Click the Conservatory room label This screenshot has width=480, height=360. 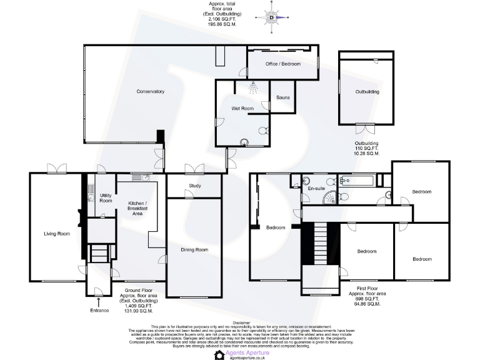click(x=150, y=92)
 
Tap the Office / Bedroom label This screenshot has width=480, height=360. click(x=282, y=64)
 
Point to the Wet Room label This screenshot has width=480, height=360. click(x=242, y=109)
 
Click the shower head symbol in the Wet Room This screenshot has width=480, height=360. click(x=252, y=87)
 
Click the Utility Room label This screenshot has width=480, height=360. click(x=106, y=198)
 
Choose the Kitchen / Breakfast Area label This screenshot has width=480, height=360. click(x=137, y=209)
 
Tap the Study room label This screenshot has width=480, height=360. click(x=194, y=186)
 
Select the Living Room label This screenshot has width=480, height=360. click(x=56, y=234)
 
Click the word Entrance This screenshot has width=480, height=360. click(x=99, y=310)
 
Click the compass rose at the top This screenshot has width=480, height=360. click(x=271, y=17)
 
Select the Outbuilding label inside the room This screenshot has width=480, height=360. click(x=367, y=92)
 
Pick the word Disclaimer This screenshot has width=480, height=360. click(x=240, y=322)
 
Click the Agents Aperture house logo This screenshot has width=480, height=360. click(x=219, y=354)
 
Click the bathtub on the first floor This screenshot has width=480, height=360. click(x=356, y=181)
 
